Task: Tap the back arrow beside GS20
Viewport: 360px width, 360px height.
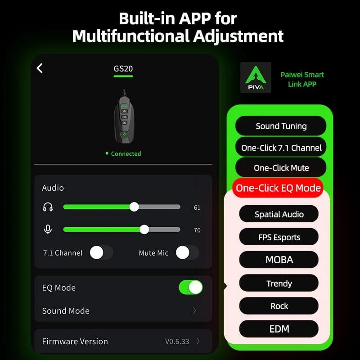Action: pos(40,68)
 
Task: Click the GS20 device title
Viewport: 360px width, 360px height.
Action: pos(123,68)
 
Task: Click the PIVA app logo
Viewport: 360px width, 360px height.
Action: pos(256,77)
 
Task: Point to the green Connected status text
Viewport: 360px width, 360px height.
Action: pos(126,153)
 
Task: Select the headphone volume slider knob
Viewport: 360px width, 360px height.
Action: pos(134,207)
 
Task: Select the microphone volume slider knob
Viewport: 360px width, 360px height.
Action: pos(144,229)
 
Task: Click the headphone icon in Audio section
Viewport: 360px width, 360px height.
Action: pos(48,207)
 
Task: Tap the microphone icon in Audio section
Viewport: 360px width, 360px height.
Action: pos(48,229)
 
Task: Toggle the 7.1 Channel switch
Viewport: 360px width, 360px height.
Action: pos(101,252)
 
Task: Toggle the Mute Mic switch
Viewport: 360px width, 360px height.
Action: pos(187,252)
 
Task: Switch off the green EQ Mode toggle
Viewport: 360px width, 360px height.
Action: pos(190,287)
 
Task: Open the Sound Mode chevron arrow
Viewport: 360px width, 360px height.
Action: pos(194,310)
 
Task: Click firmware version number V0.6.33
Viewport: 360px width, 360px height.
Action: pos(177,342)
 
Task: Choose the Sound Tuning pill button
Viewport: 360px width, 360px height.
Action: pos(281,126)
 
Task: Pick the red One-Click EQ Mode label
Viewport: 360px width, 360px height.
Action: pos(278,188)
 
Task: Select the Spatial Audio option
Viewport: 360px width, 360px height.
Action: pos(279,214)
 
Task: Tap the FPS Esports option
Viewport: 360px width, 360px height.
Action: pos(279,237)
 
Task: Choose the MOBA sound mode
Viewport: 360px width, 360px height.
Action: pos(279,260)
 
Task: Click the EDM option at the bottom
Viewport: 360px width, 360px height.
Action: pos(279,329)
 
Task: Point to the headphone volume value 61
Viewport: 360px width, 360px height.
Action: pos(197,207)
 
